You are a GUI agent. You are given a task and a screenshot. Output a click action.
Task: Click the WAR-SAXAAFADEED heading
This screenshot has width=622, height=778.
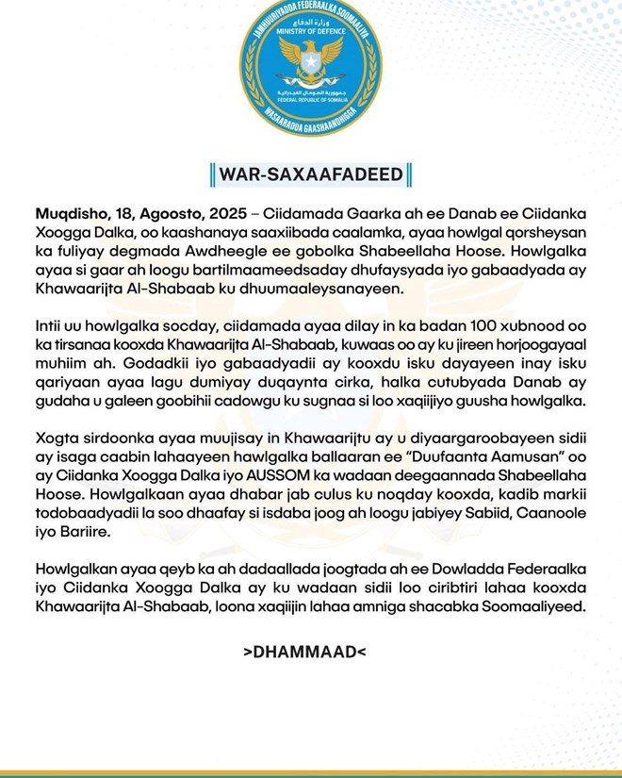(310, 174)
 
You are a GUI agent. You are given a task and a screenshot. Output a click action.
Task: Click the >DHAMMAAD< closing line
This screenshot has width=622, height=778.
(310, 652)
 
